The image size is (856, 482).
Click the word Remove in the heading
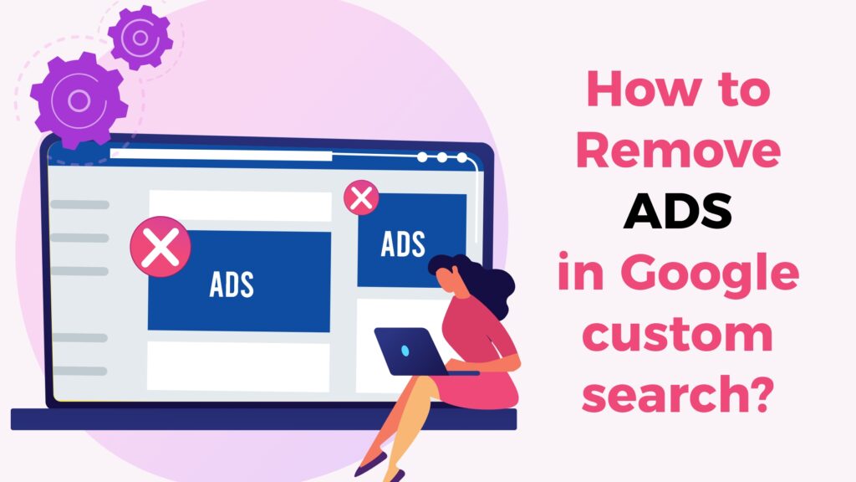[678, 152]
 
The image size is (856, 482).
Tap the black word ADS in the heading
[678, 214]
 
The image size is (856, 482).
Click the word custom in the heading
[677, 336]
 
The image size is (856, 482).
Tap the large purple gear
[78, 101]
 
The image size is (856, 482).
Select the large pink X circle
[160, 247]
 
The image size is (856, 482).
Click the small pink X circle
[361, 198]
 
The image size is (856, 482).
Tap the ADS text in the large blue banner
[232, 284]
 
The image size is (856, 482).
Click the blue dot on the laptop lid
[405, 350]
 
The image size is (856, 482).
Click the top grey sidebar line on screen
[79, 204]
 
